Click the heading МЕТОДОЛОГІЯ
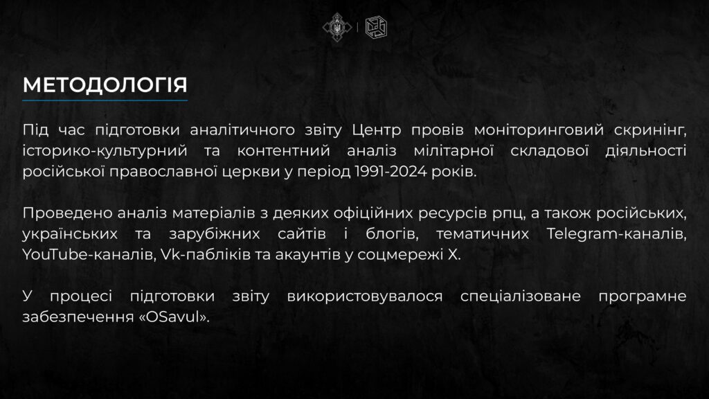coord(105,85)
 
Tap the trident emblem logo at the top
coord(337,27)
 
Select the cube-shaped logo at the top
coord(376,27)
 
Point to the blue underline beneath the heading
coord(105,100)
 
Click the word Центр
coord(376,130)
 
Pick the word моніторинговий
coord(539,130)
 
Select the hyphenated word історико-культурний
coord(105,151)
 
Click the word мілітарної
coord(454,150)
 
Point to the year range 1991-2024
coord(391,172)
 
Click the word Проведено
coord(67,213)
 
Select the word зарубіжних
coord(215,234)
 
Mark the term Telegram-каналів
coord(616,234)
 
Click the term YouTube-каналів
coord(89,255)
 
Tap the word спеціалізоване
coord(521,296)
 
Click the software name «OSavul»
coord(174,317)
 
